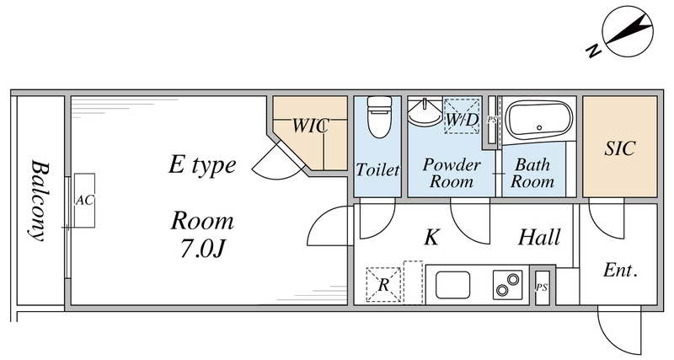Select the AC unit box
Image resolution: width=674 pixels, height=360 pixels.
tap(83, 200)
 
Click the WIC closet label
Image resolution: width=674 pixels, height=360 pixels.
tap(309, 126)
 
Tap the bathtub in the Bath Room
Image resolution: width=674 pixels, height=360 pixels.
tap(538, 120)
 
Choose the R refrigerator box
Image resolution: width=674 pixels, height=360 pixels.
tap(383, 285)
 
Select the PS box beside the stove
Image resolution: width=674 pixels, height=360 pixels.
tap(542, 287)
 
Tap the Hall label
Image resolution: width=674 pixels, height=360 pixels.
tap(539, 239)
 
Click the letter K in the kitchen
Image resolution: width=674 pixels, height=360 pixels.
tap(431, 239)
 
